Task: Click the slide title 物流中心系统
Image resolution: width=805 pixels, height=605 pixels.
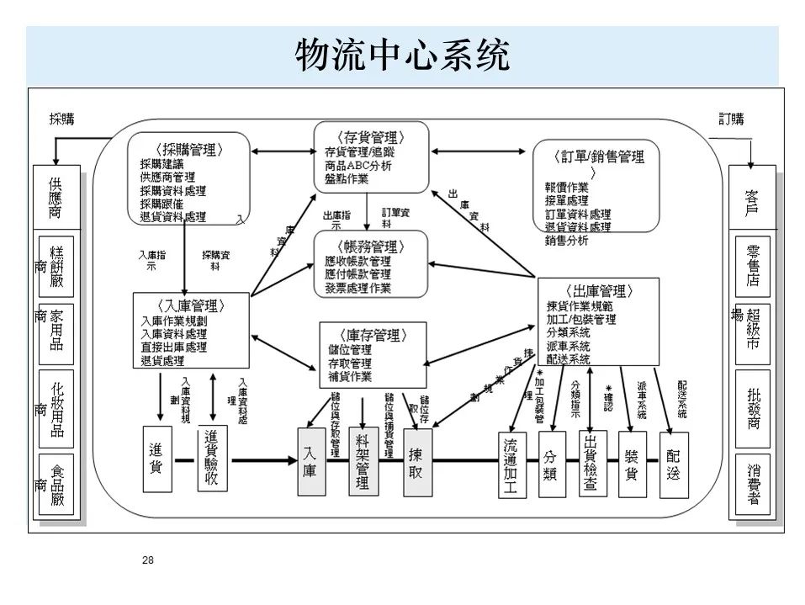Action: pyautogui.click(x=402, y=56)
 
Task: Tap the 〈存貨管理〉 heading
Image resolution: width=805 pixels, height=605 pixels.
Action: pyautogui.click(x=370, y=137)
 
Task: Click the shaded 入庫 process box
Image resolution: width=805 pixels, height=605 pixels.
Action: pyautogui.click(x=310, y=460)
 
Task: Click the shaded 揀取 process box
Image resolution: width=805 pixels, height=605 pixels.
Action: pyautogui.click(x=416, y=460)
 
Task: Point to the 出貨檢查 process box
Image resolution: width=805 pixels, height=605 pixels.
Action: pyautogui.click(x=592, y=464)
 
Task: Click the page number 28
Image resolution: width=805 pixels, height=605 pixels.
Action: pyautogui.click(x=149, y=560)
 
